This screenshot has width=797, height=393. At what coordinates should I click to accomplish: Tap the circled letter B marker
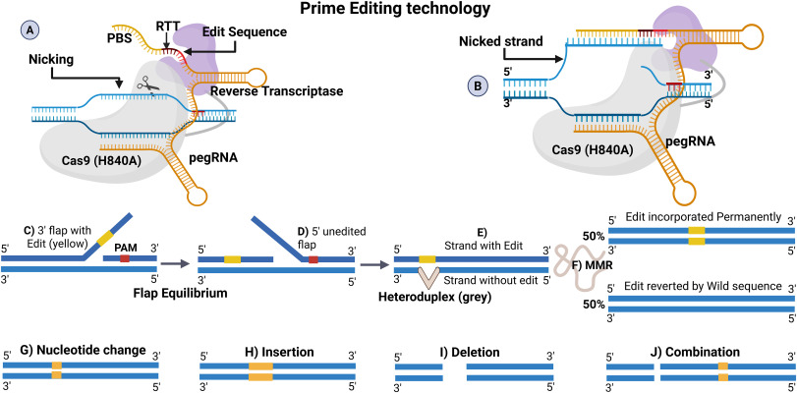(x=479, y=84)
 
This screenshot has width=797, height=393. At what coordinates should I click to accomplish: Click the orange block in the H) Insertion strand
(x=261, y=369)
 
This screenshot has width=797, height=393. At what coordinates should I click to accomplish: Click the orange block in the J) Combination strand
(x=722, y=369)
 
